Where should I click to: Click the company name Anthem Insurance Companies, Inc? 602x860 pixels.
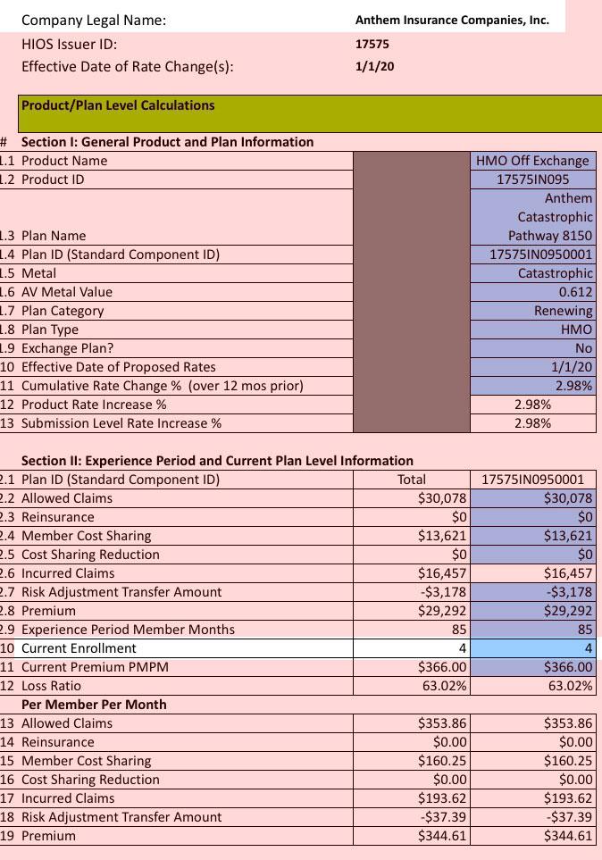(x=452, y=20)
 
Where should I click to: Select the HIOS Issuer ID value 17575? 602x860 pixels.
(x=372, y=44)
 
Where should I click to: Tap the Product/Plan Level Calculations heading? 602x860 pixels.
(x=118, y=105)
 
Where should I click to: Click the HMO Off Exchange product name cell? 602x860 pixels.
(x=532, y=161)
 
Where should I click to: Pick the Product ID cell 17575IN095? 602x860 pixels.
(x=532, y=180)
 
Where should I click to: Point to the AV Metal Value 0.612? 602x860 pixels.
(x=575, y=292)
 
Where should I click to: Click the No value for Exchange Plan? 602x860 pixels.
(x=583, y=348)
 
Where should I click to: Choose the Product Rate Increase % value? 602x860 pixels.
(x=532, y=405)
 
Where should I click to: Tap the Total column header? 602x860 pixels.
(x=411, y=480)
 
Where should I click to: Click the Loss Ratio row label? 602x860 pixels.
(x=51, y=686)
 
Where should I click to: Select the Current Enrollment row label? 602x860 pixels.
(x=79, y=648)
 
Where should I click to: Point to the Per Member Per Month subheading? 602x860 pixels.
(x=94, y=705)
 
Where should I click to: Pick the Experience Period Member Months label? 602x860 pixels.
(x=128, y=630)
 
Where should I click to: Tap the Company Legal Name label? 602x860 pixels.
(x=94, y=20)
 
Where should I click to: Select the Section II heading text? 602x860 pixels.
(x=217, y=461)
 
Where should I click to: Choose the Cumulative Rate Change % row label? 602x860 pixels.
(x=162, y=386)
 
